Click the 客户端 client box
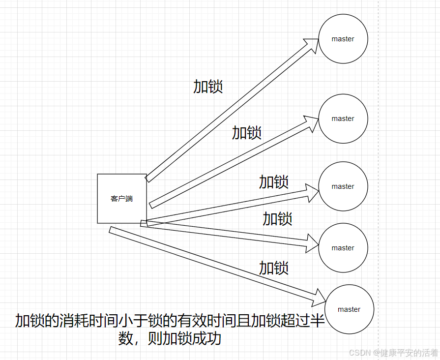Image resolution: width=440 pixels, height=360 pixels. coord(122,199)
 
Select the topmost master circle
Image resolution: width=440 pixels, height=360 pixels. coord(343,39)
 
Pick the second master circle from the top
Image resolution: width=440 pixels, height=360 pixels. coord(343,119)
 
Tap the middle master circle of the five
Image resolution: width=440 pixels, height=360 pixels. coord(343,186)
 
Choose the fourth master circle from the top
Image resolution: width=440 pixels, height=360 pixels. coord(343,248)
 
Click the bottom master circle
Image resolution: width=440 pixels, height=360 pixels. coord(350,309)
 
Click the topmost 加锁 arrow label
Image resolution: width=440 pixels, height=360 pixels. coord(208,87)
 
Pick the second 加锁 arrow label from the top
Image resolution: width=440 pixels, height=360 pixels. coord(247,132)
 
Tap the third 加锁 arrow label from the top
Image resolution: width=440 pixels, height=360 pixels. coord(274,182)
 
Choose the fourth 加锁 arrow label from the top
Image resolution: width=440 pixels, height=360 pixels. coord(277,218)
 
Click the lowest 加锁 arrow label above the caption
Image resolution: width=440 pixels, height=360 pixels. coord(274,268)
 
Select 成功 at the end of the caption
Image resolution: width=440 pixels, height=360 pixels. coord(206,339)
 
